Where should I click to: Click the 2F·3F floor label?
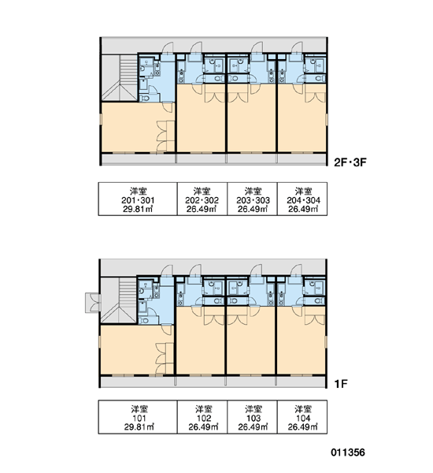pyautogui.click(x=350, y=162)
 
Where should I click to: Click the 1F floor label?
pyautogui.click(x=341, y=384)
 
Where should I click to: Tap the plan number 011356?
pyautogui.click(x=348, y=453)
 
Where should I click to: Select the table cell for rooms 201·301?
pyautogui.click(x=138, y=199)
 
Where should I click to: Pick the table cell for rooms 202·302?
pyautogui.click(x=202, y=199)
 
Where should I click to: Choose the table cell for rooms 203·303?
pyautogui.click(x=252, y=199)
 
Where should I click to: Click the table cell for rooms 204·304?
pyautogui.click(x=302, y=199)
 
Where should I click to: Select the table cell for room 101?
pyautogui.click(x=138, y=417)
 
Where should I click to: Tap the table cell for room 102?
pyautogui.click(x=202, y=417)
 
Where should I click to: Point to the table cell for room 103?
pyautogui.click(x=252, y=417)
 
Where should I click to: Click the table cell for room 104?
pyautogui.click(x=302, y=417)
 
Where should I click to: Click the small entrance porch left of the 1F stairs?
pyautogui.click(x=93, y=303)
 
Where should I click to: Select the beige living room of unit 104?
pyautogui.click(x=301, y=341)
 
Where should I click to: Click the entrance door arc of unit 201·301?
pyautogui.click(x=168, y=47)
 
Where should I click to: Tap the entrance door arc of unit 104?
pyautogui.click(x=296, y=270)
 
